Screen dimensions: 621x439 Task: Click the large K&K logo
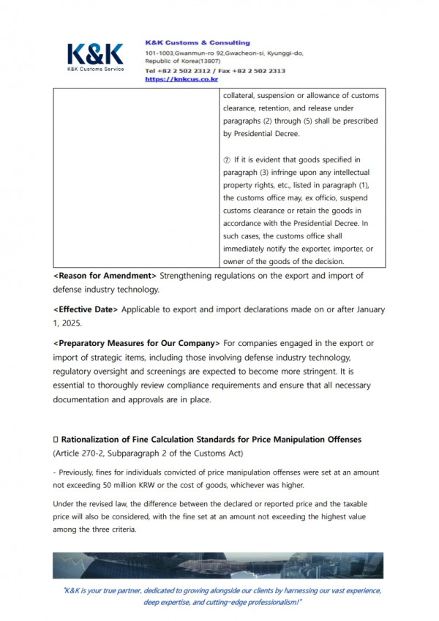pyautogui.click(x=95, y=53)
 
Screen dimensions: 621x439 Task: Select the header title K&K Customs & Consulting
pyautogui.click(x=198, y=43)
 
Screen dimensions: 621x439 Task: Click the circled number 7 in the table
pyautogui.click(x=227, y=159)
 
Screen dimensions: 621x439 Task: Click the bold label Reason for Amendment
pyautogui.click(x=105, y=275)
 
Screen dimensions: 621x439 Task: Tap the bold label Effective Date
pyautogui.click(x=85, y=309)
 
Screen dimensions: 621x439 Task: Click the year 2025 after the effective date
pyautogui.click(x=71, y=323)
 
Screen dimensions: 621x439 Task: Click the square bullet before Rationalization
pyautogui.click(x=56, y=439)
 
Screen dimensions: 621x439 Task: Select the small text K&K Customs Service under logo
pyautogui.click(x=95, y=69)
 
